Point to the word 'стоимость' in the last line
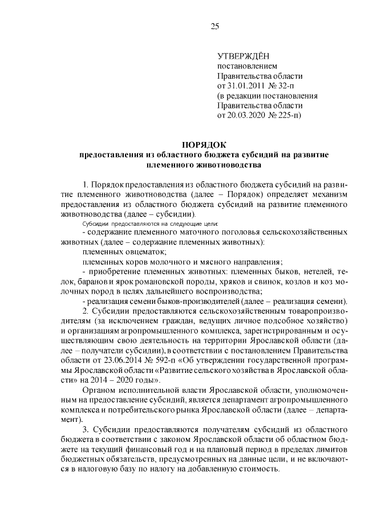(x=259, y=469)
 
